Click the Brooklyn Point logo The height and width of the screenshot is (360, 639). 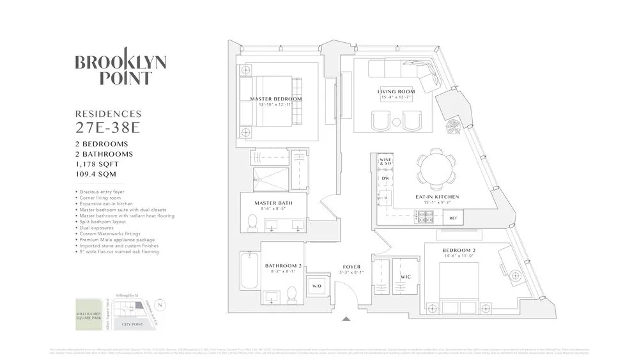(121, 70)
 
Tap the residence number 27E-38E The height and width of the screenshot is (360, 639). (107, 127)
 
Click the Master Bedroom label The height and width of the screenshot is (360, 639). (275, 99)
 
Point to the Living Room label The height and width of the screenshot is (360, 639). (396, 92)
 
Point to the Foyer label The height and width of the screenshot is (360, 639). (351, 267)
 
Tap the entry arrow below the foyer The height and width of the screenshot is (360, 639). (346, 318)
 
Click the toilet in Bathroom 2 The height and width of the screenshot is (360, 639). (291, 294)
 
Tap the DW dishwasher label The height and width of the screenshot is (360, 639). (385, 178)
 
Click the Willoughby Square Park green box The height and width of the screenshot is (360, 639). (88, 315)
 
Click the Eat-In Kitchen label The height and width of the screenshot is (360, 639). (437, 197)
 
